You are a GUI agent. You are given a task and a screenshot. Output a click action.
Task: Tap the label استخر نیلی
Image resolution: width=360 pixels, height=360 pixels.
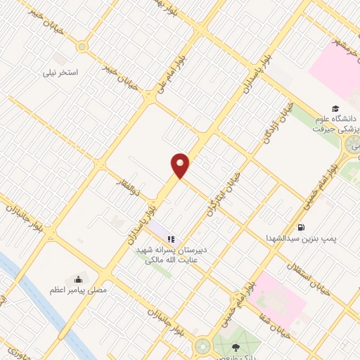(x=60, y=72)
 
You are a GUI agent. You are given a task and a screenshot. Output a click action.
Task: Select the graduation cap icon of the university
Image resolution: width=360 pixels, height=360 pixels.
(x=336, y=108)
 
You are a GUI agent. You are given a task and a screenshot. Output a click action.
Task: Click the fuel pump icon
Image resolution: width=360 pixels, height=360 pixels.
(x=301, y=227)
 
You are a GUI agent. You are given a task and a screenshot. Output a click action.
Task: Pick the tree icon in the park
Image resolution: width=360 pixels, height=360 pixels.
(x=235, y=347)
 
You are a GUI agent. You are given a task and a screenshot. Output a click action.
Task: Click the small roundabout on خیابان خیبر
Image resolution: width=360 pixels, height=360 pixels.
(x=82, y=47)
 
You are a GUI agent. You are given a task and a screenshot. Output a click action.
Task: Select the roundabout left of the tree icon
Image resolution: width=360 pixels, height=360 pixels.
(x=202, y=345)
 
